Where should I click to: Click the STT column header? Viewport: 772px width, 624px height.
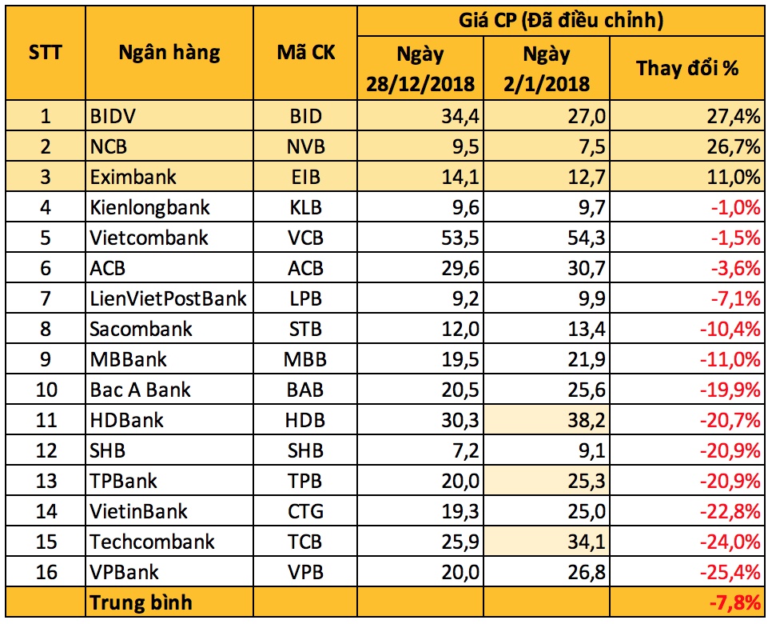click(x=46, y=52)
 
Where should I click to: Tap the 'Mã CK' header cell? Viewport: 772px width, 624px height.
click(x=306, y=52)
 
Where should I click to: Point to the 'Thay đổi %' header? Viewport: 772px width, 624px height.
click(x=687, y=68)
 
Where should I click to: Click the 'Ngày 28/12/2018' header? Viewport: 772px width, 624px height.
click(x=420, y=69)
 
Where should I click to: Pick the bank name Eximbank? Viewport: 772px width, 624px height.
click(x=133, y=177)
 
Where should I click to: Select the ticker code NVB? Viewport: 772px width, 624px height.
click(x=306, y=147)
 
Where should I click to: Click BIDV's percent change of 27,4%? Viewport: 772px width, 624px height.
click(x=734, y=116)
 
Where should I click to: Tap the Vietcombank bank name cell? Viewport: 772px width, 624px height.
click(x=149, y=238)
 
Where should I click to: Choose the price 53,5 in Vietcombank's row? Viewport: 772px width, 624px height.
click(x=460, y=238)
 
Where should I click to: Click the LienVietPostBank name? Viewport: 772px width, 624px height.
click(x=168, y=298)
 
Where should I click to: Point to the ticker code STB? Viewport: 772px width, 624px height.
click(x=305, y=330)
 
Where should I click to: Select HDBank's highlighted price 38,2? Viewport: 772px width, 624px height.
click(x=587, y=421)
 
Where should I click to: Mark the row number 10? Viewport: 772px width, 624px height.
click(x=47, y=390)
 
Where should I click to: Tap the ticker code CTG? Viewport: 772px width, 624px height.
click(x=306, y=512)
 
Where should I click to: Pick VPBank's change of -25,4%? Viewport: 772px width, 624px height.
click(x=730, y=572)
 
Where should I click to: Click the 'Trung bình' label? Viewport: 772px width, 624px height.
click(x=141, y=603)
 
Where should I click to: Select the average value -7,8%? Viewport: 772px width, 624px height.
click(x=735, y=603)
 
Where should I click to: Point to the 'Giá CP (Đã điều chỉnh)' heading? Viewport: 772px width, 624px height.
click(x=561, y=21)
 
